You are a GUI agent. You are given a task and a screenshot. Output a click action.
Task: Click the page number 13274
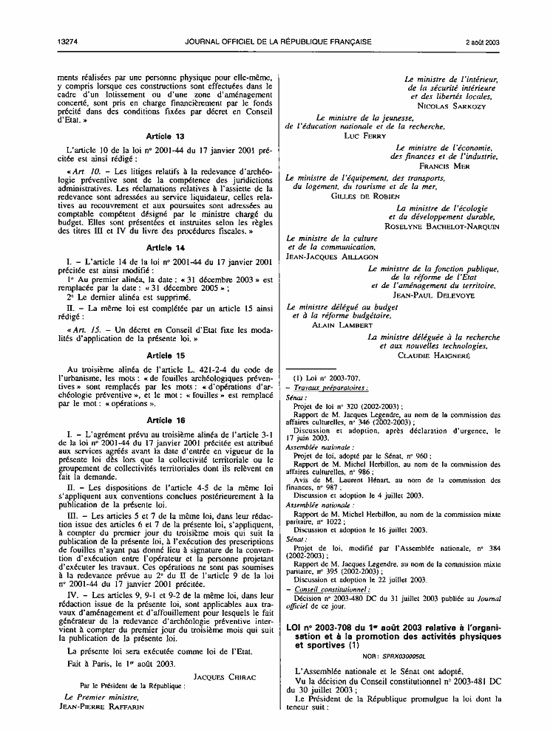coord(66,42)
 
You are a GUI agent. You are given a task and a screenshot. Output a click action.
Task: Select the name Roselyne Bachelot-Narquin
coord(443,227)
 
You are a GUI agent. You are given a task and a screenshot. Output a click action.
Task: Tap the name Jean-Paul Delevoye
coord(444,295)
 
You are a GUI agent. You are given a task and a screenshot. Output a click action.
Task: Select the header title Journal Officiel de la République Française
coord(277,42)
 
